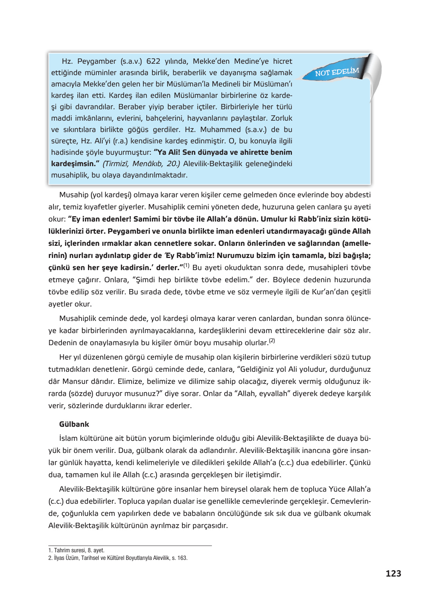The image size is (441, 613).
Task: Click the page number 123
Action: point(393,574)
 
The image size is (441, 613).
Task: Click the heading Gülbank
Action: point(74,424)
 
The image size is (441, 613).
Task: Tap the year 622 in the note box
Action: point(153,61)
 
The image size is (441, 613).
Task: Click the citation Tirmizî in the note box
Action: point(116,163)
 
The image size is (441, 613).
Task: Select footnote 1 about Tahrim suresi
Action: point(76,550)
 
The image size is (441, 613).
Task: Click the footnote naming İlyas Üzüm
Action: point(118,558)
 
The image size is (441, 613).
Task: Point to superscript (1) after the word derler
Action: point(186,266)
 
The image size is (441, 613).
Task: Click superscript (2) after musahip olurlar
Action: point(272,341)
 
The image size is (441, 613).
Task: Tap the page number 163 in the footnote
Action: point(182,558)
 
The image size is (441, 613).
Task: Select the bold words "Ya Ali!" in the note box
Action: point(167,152)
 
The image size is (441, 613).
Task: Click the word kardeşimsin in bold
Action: point(74,163)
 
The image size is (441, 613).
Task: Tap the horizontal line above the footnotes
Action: point(130,545)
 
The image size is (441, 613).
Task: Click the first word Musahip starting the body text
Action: point(74,195)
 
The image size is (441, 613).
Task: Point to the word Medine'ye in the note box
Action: point(251,61)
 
